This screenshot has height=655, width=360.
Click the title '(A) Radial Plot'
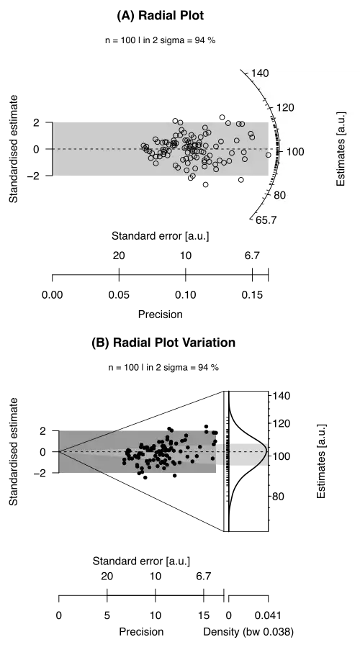click(161, 15)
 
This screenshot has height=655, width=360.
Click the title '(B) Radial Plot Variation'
click(163, 343)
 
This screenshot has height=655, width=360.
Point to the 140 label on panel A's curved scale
click(260, 73)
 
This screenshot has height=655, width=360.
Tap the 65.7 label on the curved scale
click(266, 220)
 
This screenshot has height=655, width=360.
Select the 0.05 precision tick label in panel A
click(119, 295)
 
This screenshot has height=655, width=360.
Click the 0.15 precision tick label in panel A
click(252, 295)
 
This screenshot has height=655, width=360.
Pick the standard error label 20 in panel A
click(119, 256)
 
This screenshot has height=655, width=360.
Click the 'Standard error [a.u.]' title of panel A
click(161, 236)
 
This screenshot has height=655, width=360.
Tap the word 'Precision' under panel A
click(161, 314)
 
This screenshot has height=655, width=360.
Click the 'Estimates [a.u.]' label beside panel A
click(341, 149)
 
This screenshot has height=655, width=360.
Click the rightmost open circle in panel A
click(268, 155)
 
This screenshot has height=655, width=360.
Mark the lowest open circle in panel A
click(205, 185)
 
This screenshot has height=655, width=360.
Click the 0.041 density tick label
click(268, 615)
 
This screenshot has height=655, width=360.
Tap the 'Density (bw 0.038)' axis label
click(248, 632)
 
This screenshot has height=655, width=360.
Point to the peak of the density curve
click(266, 451)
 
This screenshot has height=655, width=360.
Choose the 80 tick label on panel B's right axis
click(279, 497)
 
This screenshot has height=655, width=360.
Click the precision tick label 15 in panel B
click(204, 615)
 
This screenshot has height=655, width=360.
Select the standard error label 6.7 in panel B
click(204, 577)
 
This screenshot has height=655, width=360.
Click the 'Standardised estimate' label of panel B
click(14, 451)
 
